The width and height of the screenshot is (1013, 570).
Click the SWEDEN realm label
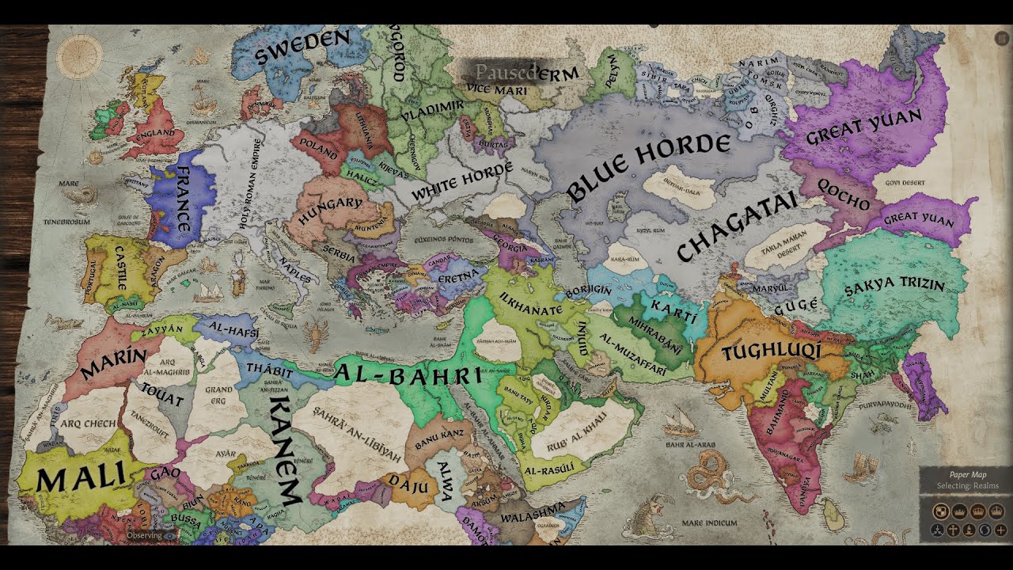click(x=302, y=49)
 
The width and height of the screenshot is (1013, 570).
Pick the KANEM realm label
click(x=283, y=451)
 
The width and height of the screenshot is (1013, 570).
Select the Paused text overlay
click(x=507, y=70)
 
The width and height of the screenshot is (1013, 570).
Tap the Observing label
click(x=146, y=534)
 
